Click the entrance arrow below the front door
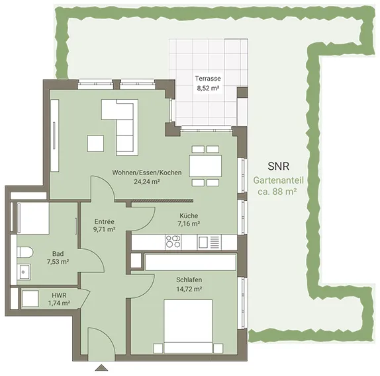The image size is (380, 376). pos(101,368)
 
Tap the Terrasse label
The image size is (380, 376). pos(208,79)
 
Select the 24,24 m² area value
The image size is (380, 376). pos(147,182)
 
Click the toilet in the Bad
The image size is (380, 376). pos(24,252)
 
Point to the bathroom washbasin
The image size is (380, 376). pos(24,272)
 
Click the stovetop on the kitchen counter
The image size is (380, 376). pos(173,242)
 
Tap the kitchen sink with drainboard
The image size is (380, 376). pos(209,243)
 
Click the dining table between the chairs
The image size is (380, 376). pos(205,166)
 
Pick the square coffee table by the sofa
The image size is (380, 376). pos(96,143)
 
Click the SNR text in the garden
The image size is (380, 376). pos(279,167)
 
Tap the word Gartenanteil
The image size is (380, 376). pos(279,180)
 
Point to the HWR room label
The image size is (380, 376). pos(59,295)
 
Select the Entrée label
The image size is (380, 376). pos(104,221)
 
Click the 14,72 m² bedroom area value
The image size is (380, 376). pos(189,289)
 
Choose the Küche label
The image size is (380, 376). pos(189,215)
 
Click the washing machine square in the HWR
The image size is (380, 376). pos(30,299)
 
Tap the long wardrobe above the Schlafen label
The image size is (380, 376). pos(191,262)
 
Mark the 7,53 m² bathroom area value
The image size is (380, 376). pos(58,262)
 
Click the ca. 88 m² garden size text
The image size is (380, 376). pos(277,192)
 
